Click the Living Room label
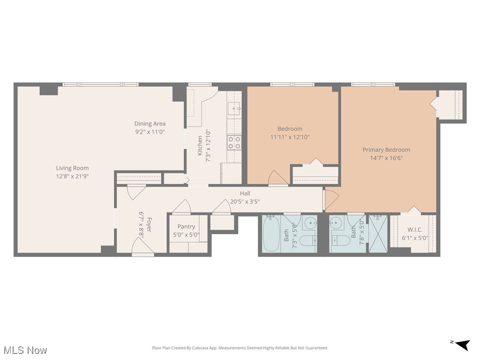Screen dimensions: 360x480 click(72, 168)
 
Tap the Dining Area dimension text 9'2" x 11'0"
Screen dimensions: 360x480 click(150, 132)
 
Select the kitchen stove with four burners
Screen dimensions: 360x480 click(234, 142)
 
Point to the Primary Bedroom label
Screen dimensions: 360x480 click(386, 150)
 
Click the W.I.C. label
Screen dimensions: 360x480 click(415, 230)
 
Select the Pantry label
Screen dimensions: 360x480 click(186, 227)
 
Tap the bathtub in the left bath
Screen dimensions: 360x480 click(271, 234)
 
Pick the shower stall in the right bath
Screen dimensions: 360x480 click(378, 234)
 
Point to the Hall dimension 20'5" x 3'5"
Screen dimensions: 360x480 click(245, 202)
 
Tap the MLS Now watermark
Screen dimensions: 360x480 click(25, 350)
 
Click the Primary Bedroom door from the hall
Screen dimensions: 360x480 click(330, 199)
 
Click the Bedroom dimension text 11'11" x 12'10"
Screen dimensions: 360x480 click(290, 137)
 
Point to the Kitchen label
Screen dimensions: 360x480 click(200, 146)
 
